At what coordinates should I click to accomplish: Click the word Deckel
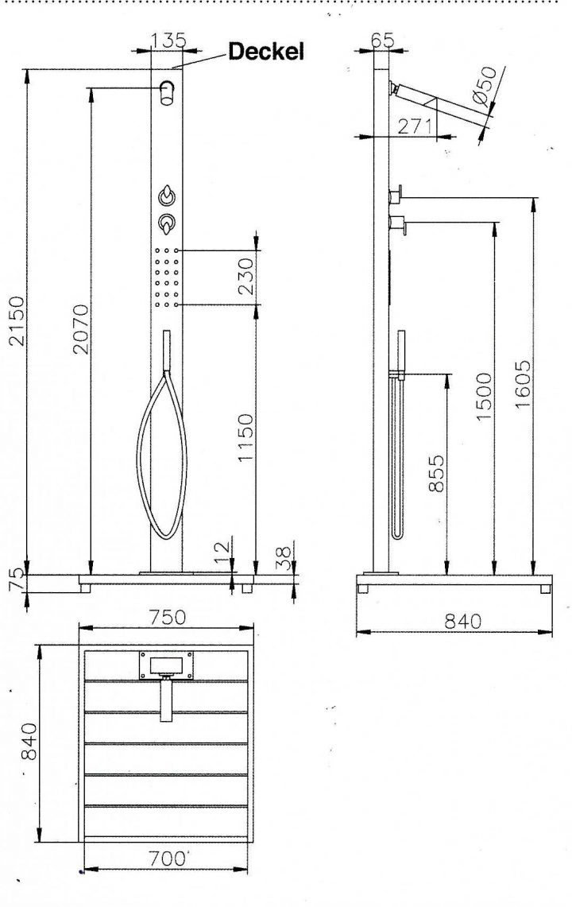[x=266, y=52]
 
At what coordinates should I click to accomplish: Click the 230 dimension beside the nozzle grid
[x=246, y=275]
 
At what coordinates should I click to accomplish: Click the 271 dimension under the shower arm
[x=414, y=126]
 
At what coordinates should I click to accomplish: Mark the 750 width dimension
[x=167, y=618]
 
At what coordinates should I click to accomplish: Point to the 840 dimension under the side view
[x=462, y=622]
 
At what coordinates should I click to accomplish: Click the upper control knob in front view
[x=167, y=196]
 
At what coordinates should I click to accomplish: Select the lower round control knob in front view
[x=167, y=224]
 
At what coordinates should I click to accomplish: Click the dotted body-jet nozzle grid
[x=167, y=277]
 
